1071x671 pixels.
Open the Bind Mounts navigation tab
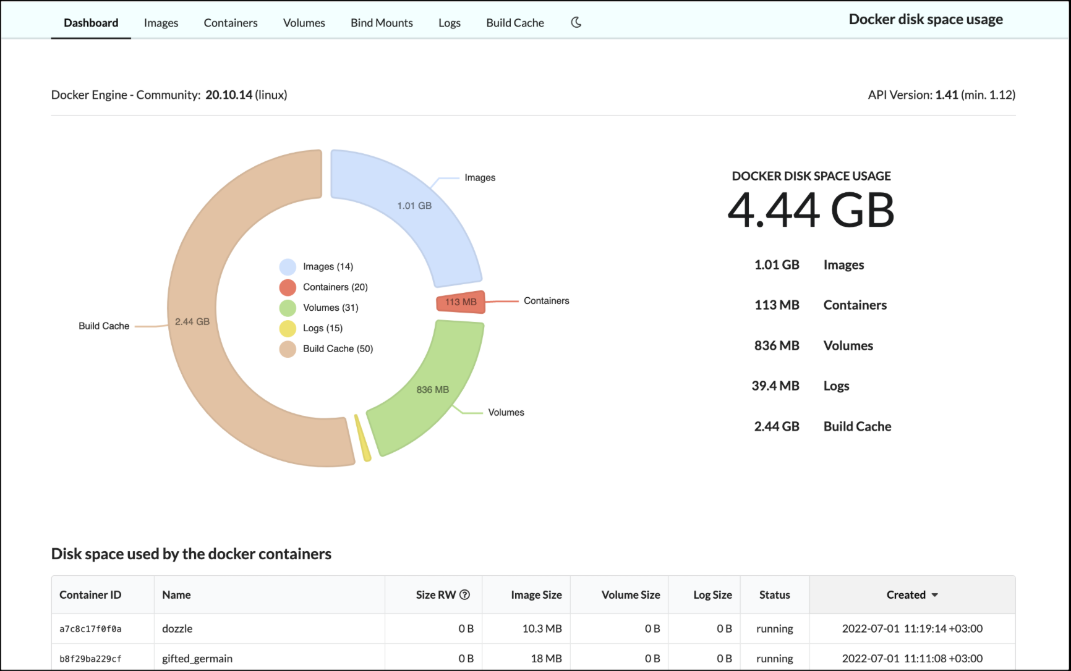pos(382,23)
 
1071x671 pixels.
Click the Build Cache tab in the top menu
pos(514,23)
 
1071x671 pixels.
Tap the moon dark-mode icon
pos(576,22)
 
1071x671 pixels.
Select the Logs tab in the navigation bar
pos(450,23)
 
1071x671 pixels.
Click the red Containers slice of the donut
pos(461,302)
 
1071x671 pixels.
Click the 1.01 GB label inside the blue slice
pos(414,206)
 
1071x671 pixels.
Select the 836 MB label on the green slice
pos(432,390)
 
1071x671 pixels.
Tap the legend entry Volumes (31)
pos(330,308)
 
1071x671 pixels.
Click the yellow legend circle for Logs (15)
pos(288,328)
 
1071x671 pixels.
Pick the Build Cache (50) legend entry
pos(338,348)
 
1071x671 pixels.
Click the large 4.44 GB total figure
pos(811,210)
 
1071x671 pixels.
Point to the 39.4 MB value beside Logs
pos(775,386)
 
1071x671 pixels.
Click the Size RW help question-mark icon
pos(465,594)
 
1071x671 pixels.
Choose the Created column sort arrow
pos(935,595)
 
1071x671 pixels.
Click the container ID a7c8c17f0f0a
pos(90,629)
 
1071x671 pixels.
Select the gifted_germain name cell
pos(197,659)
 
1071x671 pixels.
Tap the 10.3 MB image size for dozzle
pos(542,629)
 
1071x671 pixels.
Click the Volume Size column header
pos(630,595)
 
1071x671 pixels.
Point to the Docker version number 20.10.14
pos(229,95)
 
